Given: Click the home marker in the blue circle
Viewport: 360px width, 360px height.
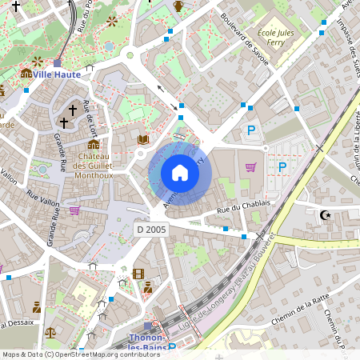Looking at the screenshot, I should point(180,173).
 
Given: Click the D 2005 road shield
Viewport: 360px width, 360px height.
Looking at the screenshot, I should point(150,230).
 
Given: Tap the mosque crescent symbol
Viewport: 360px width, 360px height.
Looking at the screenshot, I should point(325,214).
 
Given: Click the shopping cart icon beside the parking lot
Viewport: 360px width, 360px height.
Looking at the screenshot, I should point(250,167).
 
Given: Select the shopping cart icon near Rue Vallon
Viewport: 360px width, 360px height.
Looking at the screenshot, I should point(74,210).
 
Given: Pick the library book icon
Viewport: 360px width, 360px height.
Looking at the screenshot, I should point(143,139).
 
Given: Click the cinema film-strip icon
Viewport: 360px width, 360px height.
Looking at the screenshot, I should point(138,274).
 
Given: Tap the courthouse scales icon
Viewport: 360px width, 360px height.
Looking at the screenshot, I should point(51,330).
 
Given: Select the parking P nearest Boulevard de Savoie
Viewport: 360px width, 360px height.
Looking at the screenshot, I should point(251,130).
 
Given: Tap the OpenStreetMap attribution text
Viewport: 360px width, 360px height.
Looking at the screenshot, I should point(81,354).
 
